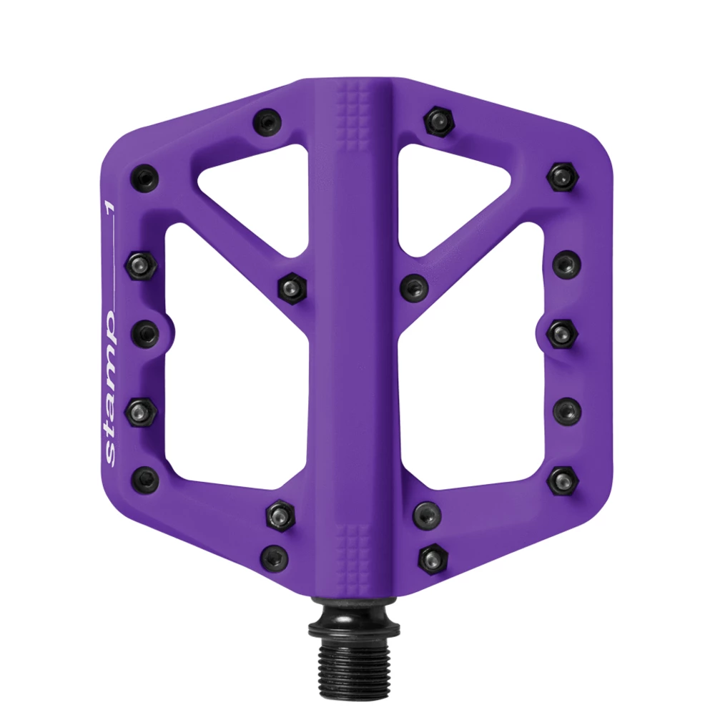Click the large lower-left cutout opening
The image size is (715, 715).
[237, 360]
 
